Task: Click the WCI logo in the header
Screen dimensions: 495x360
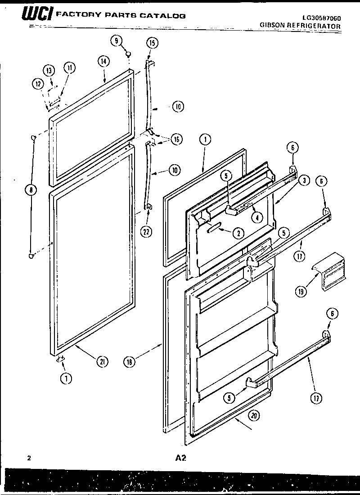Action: click(x=38, y=16)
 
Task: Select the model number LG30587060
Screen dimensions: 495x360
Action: click(x=321, y=18)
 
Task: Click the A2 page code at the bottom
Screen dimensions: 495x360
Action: click(x=180, y=459)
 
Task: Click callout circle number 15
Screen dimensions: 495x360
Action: click(x=152, y=43)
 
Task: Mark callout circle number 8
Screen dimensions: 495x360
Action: click(x=31, y=190)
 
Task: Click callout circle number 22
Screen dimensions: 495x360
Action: click(x=145, y=232)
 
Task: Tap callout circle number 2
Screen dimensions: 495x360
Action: click(x=238, y=233)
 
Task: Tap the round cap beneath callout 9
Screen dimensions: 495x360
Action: click(x=129, y=54)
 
